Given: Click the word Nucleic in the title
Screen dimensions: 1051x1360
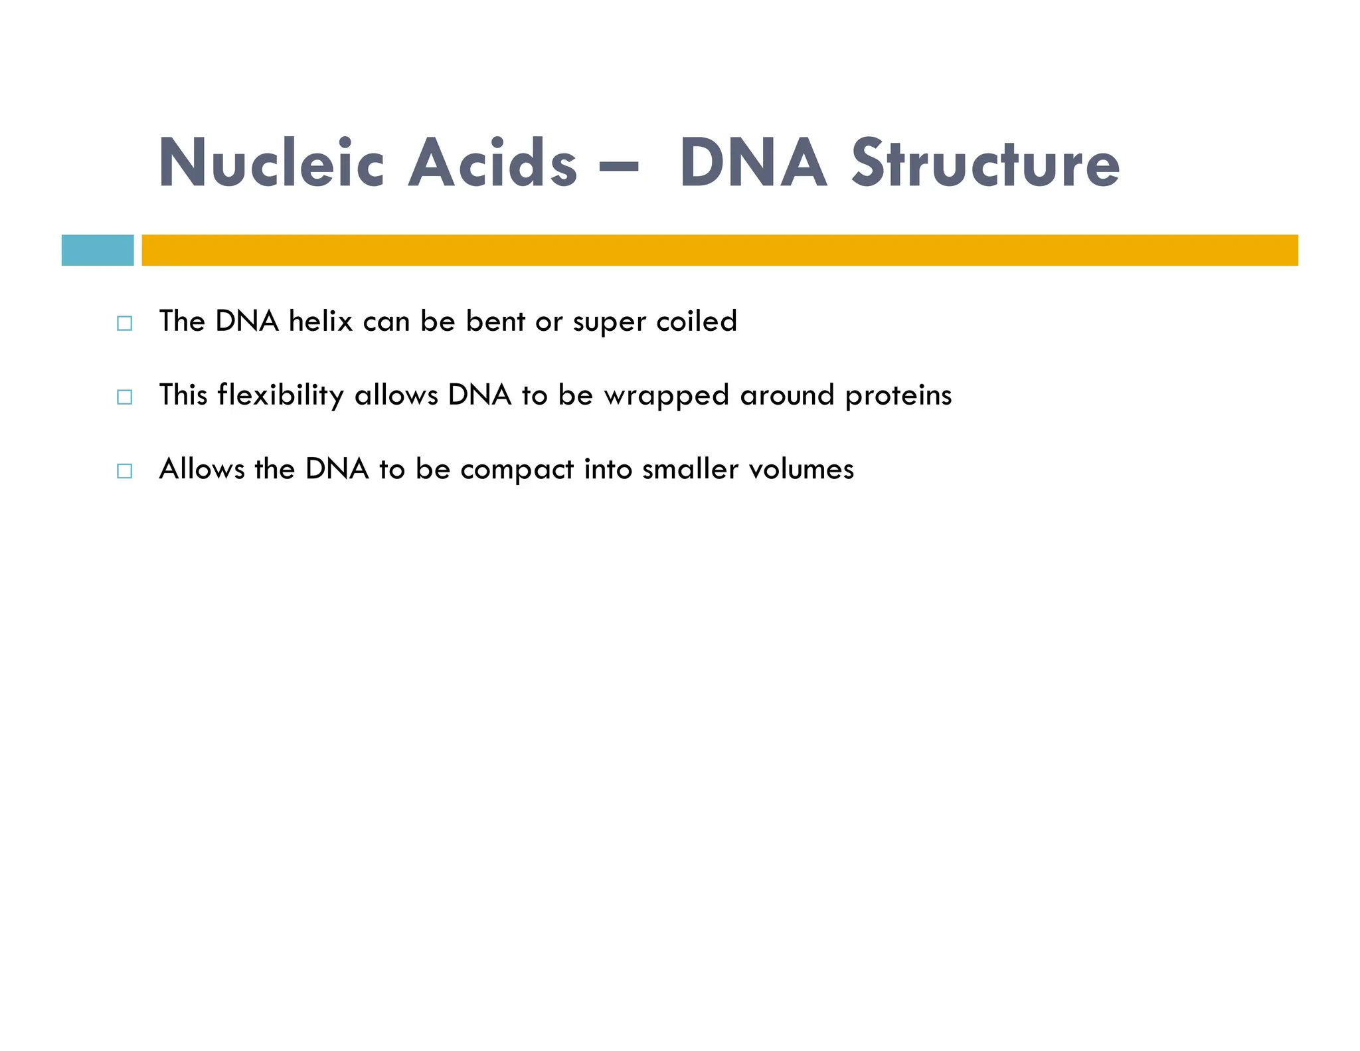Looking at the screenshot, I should tap(271, 163).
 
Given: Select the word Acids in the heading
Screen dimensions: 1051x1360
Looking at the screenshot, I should tap(492, 163).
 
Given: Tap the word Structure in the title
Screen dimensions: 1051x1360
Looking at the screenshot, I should tap(985, 163).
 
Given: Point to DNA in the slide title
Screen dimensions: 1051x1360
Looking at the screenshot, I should tap(753, 163).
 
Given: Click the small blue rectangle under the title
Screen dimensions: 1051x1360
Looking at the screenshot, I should tap(98, 250).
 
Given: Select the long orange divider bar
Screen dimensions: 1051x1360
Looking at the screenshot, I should tap(720, 250).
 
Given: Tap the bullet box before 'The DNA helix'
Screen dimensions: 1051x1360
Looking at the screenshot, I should tap(124, 324).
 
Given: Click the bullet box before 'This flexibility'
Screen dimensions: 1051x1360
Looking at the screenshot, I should tap(124, 397).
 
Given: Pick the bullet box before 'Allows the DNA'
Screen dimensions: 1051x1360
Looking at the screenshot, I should tap(124, 471).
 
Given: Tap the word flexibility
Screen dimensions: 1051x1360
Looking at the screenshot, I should tap(280, 396).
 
